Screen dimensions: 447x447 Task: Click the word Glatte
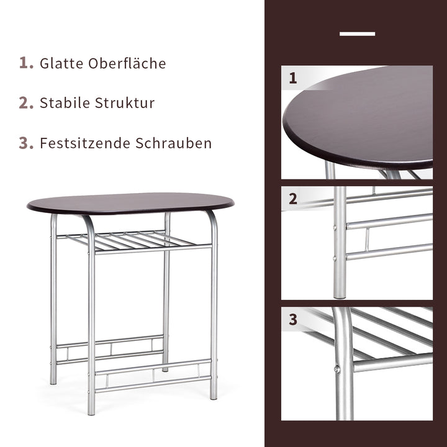pyautogui.click(x=61, y=63)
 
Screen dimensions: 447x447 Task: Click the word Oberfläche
pyautogui.click(x=127, y=63)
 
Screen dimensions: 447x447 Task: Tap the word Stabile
pyautogui.click(x=65, y=103)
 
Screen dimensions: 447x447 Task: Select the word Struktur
pyautogui.click(x=125, y=103)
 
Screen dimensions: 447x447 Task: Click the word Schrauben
pyautogui.click(x=174, y=143)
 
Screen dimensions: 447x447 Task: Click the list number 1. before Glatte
pyautogui.click(x=26, y=63)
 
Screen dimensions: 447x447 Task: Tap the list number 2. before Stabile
pyautogui.click(x=26, y=103)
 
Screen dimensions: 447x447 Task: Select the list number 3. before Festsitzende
pyautogui.click(x=26, y=143)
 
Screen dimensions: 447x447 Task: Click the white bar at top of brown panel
pyautogui.click(x=357, y=34)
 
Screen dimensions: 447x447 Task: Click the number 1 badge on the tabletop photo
pyautogui.click(x=293, y=78)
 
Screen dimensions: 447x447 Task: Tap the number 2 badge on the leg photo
pyautogui.click(x=293, y=199)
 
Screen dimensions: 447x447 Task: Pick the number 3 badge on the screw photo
pyautogui.click(x=293, y=320)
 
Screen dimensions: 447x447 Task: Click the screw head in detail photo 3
pyautogui.click(x=337, y=369)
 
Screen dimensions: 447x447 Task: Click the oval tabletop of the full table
pyautogui.click(x=130, y=203)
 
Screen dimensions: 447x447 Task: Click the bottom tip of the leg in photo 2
pyautogui.click(x=340, y=297)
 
